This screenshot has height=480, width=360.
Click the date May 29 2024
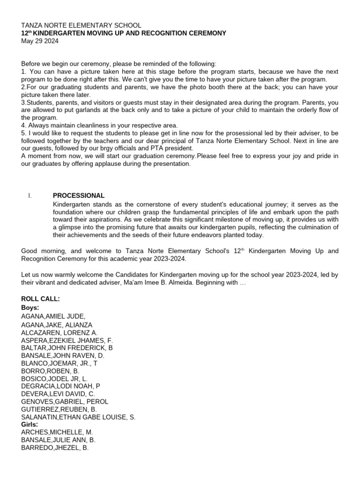40,41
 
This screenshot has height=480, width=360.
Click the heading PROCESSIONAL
78,195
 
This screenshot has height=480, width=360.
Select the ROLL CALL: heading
40,299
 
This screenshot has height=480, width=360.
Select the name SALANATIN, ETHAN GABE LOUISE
78,417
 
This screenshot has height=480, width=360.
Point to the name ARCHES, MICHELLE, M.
53,432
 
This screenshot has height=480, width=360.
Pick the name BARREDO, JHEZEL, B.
55,448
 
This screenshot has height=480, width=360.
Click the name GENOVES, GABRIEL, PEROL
65,401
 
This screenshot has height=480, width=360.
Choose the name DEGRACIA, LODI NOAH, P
60,386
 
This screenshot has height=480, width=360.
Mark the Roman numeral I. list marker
30,195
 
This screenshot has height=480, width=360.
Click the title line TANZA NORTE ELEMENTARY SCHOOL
81,25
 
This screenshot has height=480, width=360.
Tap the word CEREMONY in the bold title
202,33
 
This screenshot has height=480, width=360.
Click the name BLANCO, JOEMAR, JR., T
60,363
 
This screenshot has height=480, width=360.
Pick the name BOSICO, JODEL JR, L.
54,378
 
